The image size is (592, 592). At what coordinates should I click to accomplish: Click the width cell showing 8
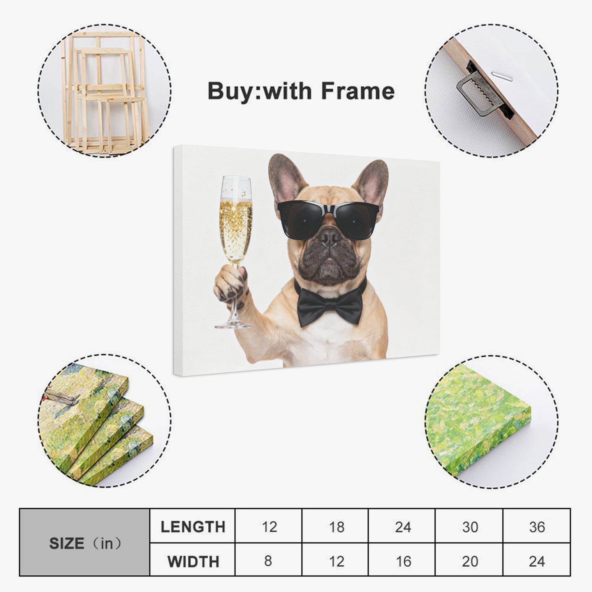point(268,561)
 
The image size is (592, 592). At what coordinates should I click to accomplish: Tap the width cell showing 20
point(470,561)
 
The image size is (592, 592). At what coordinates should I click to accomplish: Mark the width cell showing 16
point(403,561)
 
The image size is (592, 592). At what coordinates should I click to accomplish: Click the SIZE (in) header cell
point(85,544)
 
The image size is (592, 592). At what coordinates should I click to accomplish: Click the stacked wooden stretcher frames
point(104,92)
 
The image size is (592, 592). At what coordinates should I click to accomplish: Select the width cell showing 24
point(537,561)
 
